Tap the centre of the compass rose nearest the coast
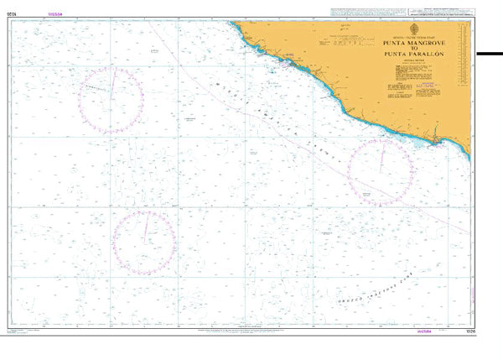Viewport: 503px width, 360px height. click(381, 172)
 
